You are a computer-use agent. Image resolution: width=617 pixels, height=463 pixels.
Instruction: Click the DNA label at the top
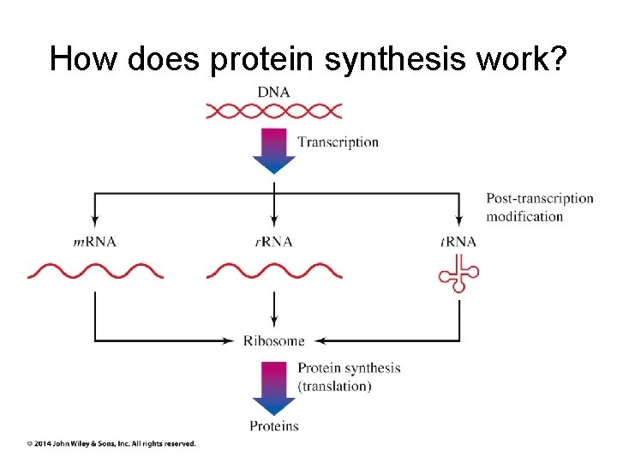274,91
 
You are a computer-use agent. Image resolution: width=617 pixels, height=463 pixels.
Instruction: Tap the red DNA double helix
274,111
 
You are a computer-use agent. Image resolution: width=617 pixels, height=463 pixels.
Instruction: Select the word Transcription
338,142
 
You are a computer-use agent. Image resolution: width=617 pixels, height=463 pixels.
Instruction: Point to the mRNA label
94,242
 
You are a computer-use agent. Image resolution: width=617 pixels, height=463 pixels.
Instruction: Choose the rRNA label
274,242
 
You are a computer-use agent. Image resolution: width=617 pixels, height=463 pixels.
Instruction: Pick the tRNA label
458,242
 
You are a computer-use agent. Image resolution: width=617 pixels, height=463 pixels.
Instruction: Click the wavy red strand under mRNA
94,272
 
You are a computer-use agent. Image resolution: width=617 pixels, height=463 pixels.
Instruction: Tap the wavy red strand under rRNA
274,272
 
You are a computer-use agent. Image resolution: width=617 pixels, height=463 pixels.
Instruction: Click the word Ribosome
274,340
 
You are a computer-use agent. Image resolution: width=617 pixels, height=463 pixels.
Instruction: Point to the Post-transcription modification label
539,207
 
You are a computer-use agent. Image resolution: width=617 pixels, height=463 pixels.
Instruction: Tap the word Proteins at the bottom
274,426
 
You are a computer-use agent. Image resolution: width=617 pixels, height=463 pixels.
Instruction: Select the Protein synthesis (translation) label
348,377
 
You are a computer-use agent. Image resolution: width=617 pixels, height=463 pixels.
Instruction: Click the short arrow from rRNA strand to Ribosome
274,309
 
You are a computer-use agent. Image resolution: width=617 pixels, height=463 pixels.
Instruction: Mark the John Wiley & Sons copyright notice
111,443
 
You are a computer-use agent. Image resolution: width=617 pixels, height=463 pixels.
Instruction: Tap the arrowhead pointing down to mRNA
94,221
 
